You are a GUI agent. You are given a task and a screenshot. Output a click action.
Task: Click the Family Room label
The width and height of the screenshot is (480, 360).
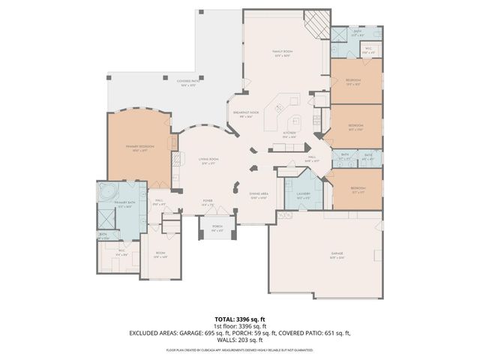(281, 55)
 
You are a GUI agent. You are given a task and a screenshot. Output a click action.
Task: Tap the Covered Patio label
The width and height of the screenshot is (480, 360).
(187, 83)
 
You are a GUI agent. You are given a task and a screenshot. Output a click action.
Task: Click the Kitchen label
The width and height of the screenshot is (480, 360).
(289, 136)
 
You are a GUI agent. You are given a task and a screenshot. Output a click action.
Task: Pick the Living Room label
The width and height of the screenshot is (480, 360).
(208, 162)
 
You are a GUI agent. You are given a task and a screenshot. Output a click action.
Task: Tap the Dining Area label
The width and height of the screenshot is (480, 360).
(259, 196)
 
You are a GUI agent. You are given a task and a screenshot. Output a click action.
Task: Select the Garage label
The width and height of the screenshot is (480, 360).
(337, 255)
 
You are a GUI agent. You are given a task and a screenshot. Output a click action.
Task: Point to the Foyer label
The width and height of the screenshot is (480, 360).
(208, 202)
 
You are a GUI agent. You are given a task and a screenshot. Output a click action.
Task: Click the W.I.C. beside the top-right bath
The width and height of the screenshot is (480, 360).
(367, 52)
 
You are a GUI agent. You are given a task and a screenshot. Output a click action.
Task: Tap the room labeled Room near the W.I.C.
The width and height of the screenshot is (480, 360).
(160, 254)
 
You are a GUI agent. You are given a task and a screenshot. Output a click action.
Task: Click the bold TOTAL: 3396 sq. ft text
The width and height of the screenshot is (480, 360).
(239, 319)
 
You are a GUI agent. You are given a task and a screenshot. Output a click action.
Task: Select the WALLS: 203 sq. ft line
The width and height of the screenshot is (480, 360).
(240, 340)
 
